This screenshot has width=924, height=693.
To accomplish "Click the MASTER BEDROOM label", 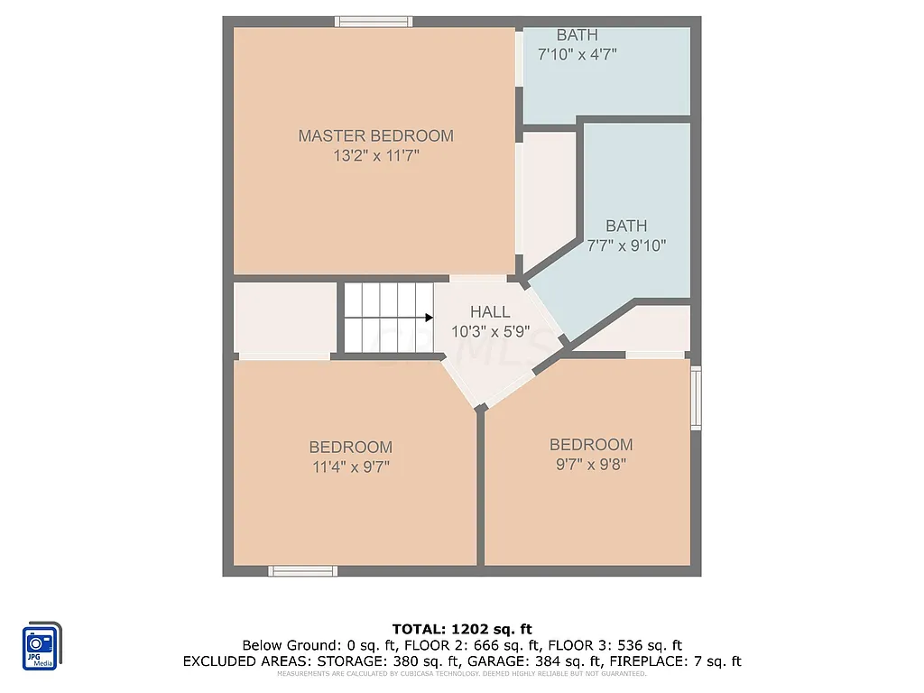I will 375,135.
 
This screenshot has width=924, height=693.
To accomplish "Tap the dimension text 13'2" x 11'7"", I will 375,156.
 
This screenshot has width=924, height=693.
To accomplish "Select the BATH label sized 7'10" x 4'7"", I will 577,35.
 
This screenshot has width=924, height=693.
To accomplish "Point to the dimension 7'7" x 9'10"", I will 626,245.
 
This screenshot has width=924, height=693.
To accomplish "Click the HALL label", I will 489,312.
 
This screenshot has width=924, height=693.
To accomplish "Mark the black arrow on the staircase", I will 429,318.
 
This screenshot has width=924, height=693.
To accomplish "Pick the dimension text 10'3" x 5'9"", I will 489,332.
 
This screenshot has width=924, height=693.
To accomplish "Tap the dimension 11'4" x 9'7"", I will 350,467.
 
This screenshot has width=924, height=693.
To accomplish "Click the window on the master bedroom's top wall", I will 374,22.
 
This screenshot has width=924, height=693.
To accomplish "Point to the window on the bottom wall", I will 303,570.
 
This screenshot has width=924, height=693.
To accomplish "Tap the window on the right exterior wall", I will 696,397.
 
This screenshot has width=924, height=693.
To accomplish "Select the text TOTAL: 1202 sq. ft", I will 461,628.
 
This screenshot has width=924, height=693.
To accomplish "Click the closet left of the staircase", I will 285,318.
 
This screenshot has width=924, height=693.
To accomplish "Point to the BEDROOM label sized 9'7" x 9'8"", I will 591,444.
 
